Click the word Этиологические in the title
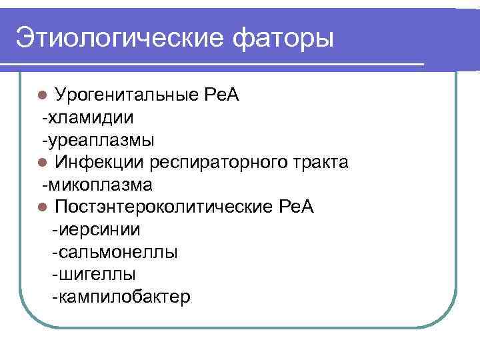click(x=116, y=37)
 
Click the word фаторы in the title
click(x=283, y=37)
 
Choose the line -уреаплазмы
click(x=97, y=140)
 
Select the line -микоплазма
click(x=97, y=185)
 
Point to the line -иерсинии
click(x=96, y=229)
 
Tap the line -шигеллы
click(x=93, y=274)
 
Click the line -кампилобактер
click(x=121, y=297)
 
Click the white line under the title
click(x=213, y=63)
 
